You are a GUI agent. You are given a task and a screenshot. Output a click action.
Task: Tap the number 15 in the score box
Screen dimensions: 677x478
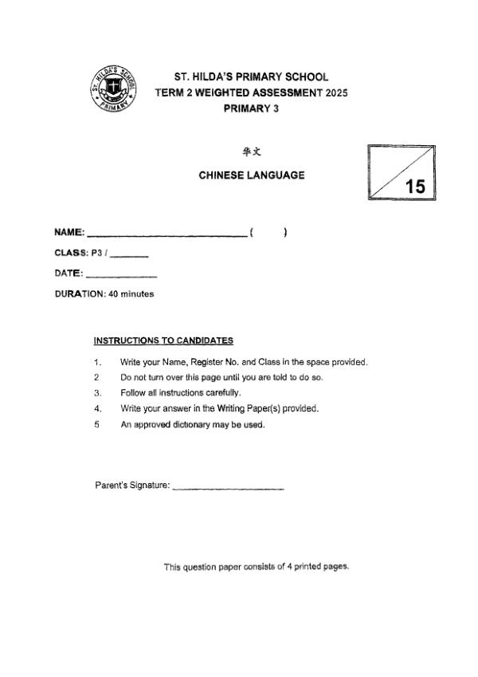(415, 187)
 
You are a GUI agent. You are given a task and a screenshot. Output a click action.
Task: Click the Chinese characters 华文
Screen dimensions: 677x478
(251, 151)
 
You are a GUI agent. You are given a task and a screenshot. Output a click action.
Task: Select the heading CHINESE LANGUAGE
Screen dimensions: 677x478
(251, 175)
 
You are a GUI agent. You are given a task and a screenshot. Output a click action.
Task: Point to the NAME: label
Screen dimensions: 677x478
(69, 233)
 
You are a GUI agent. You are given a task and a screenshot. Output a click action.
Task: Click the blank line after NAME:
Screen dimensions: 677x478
(167, 235)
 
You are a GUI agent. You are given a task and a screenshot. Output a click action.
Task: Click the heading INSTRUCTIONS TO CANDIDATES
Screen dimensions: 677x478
(163, 341)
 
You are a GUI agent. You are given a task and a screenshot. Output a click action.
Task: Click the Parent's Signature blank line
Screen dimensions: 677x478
(228, 488)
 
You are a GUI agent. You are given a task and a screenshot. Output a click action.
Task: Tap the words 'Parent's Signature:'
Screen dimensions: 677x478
(132, 486)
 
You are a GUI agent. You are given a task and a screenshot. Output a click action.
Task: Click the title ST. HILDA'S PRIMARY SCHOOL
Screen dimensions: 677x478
(251, 77)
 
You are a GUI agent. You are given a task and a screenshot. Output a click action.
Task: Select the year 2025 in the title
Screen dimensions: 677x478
(335, 92)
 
